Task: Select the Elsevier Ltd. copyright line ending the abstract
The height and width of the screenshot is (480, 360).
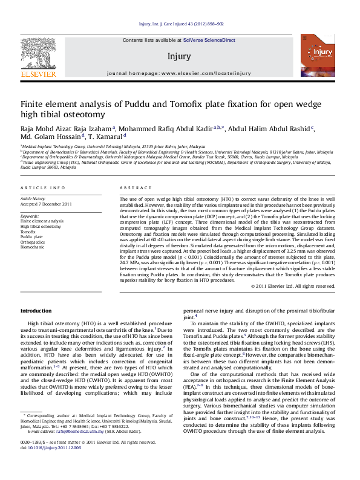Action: click(x=301, y=285)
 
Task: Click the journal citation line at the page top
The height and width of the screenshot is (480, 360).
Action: click(x=182, y=24)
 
